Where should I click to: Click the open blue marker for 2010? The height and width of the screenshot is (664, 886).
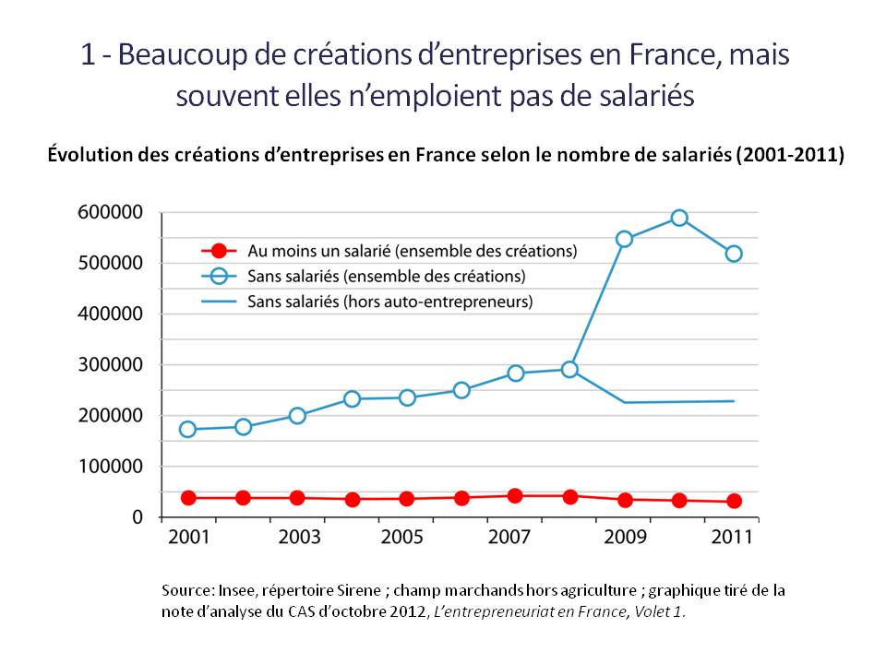679,219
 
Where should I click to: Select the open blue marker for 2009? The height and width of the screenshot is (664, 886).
625,239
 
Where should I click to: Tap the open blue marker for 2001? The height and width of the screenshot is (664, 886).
188,429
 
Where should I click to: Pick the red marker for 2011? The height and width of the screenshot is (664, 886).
735,501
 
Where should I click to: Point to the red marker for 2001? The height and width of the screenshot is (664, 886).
188,498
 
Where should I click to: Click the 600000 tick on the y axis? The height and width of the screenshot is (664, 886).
110,212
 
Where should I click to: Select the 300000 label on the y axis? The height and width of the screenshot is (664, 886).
110,365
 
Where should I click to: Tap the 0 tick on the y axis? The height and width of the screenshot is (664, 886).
137,517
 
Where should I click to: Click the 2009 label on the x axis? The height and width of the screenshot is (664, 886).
626,538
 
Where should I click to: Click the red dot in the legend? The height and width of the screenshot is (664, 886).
219,250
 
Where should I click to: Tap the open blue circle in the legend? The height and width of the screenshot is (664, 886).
219,276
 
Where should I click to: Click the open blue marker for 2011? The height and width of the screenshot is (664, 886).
735,254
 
